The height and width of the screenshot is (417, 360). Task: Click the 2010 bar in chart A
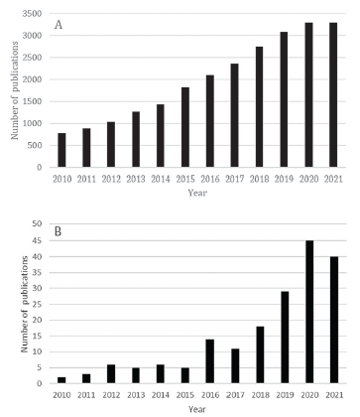[x=61, y=150]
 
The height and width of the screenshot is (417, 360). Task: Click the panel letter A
[x=59, y=25]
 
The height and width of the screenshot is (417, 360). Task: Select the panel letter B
[x=59, y=235]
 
